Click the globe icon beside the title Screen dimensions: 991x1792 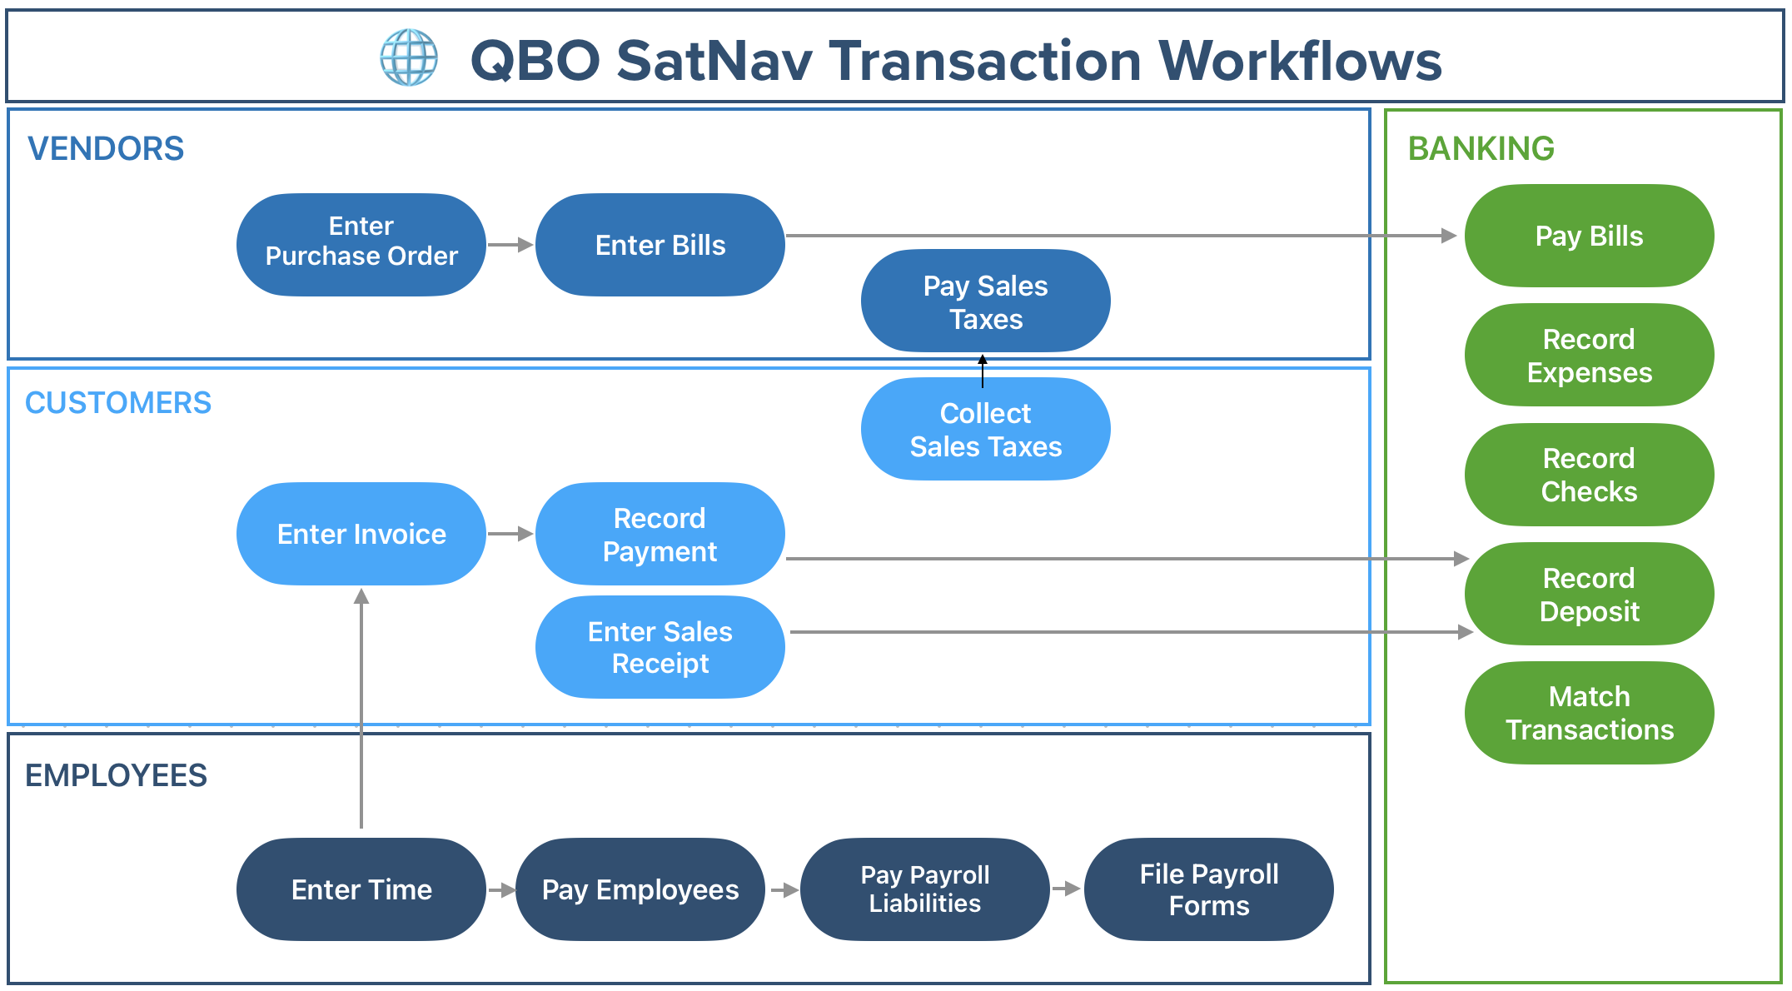[x=409, y=57]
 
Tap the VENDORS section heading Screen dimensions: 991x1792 [x=106, y=149]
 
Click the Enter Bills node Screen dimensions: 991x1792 [x=660, y=245]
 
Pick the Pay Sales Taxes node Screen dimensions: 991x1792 [x=985, y=301]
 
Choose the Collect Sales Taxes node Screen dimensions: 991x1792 [x=985, y=430]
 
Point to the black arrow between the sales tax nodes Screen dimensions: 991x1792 [x=983, y=371]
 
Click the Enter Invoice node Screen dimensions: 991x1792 [x=361, y=534]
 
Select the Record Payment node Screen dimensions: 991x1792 [x=660, y=534]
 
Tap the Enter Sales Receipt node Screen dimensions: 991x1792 [x=660, y=647]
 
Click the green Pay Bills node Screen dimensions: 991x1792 [x=1589, y=236]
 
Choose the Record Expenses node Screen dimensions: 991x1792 [x=1589, y=356]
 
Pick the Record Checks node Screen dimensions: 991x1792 [x=1589, y=475]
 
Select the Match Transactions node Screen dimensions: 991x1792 [x=1589, y=713]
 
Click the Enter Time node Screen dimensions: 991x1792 [x=361, y=889]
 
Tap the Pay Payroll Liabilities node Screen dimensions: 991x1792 [x=924, y=889]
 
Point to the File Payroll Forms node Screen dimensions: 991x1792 [x=1208, y=889]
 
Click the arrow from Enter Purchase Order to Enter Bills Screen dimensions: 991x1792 [x=510, y=245]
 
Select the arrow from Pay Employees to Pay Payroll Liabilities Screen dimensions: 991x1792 [x=784, y=890]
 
